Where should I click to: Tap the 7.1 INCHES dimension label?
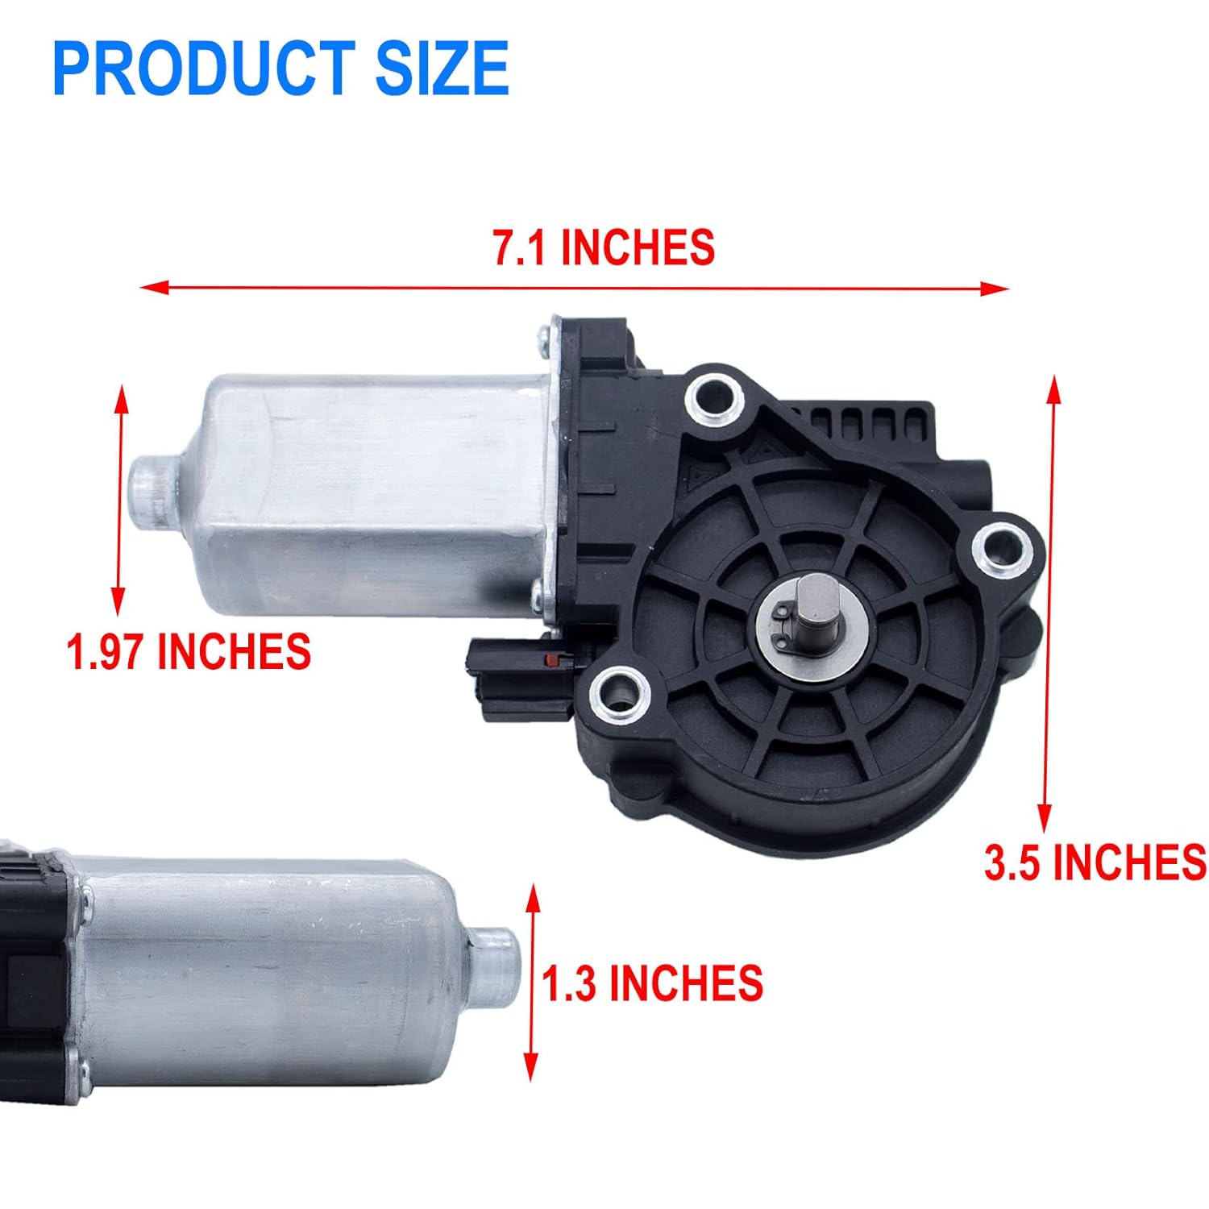coord(604,247)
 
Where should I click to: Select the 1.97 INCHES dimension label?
coord(189,651)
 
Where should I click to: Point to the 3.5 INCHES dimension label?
coord(1095,862)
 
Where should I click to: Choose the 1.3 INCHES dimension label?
coord(652,983)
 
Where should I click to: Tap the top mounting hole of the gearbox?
coord(714,396)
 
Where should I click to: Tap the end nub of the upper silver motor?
coord(152,491)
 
